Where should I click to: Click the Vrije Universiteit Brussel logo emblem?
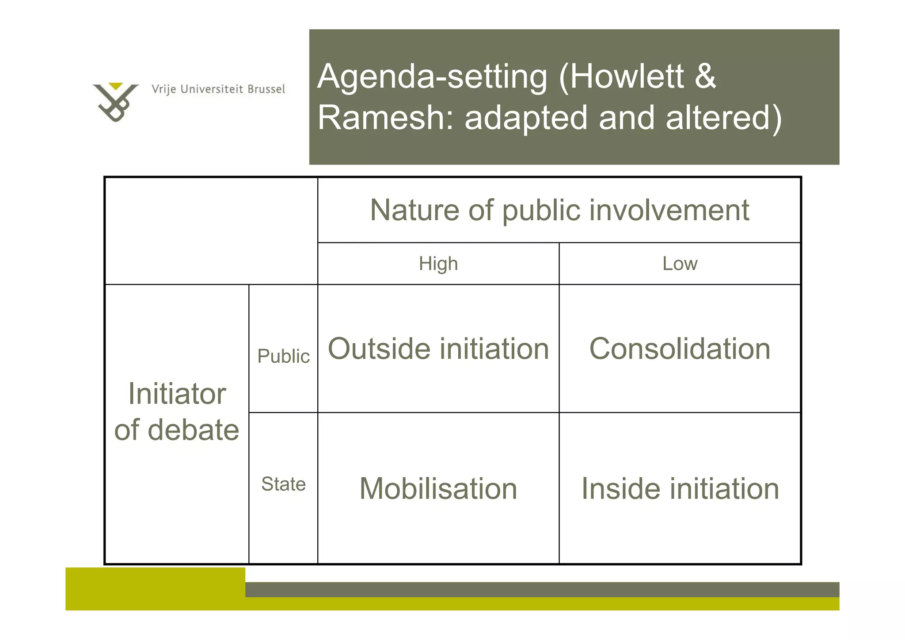[x=115, y=103]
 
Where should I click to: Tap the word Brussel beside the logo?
[x=266, y=89]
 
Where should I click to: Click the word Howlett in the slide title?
[x=627, y=76]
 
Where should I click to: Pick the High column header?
[x=438, y=264]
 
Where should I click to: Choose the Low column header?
[x=680, y=264]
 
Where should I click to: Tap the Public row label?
[x=283, y=356]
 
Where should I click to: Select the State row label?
[x=283, y=484]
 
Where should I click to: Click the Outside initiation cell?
[x=438, y=349]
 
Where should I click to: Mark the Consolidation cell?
[x=680, y=349]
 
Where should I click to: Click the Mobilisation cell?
[x=438, y=488]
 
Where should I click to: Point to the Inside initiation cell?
[x=680, y=488]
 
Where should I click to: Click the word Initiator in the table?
[x=177, y=393]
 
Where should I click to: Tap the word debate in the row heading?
[x=193, y=430]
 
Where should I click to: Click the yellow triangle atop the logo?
[x=116, y=86]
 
